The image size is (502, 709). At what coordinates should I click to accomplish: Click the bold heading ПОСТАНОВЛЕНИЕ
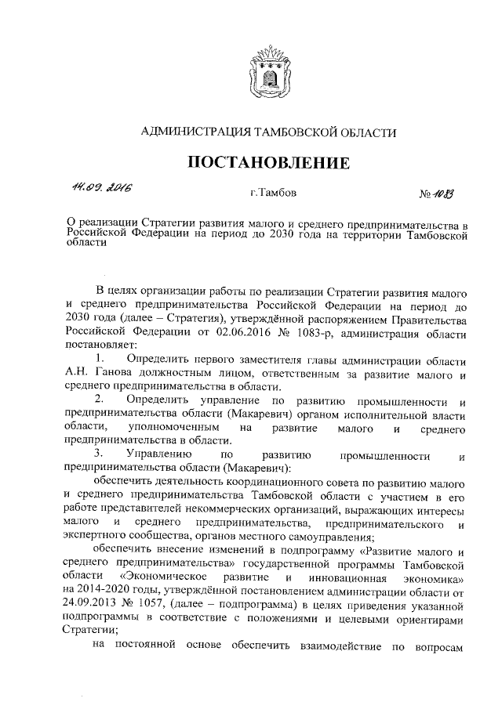pyautogui.click(x=267, y=163)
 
